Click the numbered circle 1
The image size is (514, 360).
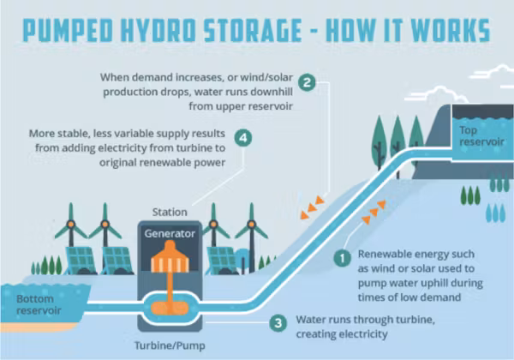coord(343,258)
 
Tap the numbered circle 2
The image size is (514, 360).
coord(308,82)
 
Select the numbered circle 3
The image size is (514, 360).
coord(278,323)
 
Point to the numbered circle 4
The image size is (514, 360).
coord(243,138)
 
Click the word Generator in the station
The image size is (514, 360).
coord(170,233)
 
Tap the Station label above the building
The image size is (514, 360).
coord(170,212)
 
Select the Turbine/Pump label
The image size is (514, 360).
coord(170,345)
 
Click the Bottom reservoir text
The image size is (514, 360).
coord(39,304)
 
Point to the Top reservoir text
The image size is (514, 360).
coord(481,136)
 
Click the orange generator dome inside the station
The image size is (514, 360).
coord(170,256)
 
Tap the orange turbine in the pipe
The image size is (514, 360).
coord(170,309)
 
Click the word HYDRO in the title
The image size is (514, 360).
coord(158,31)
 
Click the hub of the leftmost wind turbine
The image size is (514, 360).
coord(70,225)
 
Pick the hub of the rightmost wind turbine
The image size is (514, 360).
coord(251,225)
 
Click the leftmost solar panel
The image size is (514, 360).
coord(80,260)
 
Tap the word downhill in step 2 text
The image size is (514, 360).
coord(272,92)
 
